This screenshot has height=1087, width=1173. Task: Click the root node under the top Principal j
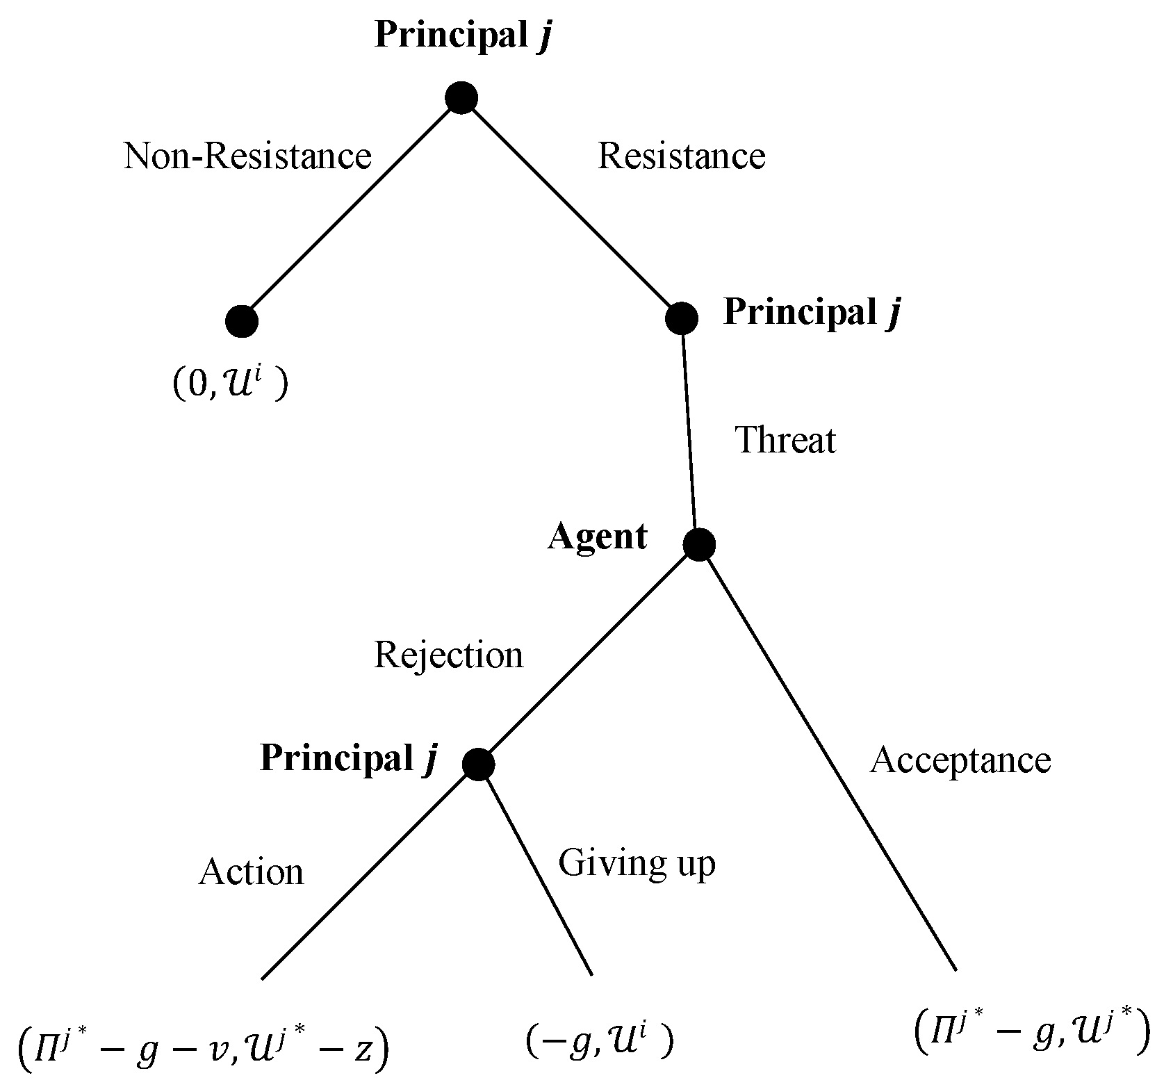click(x=461, y=97)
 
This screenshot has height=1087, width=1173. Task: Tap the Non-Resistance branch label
click(x=247, y=156)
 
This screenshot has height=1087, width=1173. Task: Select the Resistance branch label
click(x=681, y=156)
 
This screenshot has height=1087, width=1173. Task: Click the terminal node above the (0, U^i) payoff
click(x=242, y=321)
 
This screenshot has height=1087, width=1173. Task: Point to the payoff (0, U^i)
click(x=229, y=383)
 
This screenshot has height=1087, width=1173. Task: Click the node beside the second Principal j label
click(x=681, y=318)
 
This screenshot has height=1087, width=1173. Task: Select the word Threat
click(x=785, y=440)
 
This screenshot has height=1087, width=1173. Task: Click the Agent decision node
click(x=699, y=544)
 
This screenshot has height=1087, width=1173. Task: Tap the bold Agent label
click(x=597, y=537)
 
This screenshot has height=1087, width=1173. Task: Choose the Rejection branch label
click(x=448, y=655)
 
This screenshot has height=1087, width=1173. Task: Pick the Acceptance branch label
click(x=960, y=760)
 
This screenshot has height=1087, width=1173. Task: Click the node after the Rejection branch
click(x=478, y=765)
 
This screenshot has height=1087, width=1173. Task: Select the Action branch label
click(x=251, y=872)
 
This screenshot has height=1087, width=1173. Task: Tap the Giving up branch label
click(x=637, y=864)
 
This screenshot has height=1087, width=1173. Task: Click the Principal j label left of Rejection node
click(x=349, y=758)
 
